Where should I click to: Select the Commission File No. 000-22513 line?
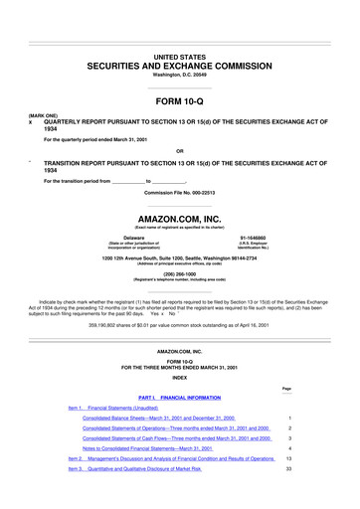pyautogui.click(x=180, y=190)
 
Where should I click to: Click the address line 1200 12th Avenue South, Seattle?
pyautogui.click(x=180, y=259)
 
